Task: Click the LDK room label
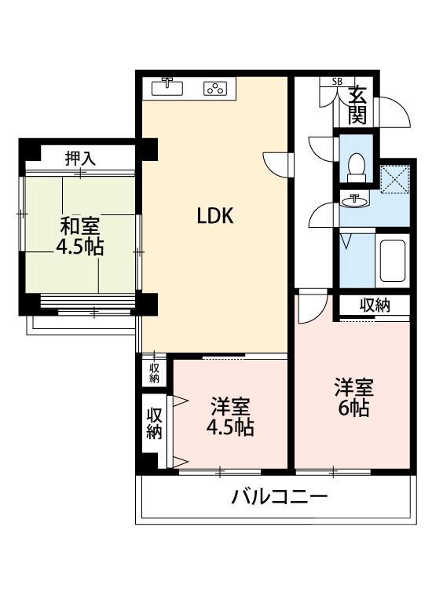tap(214, 216)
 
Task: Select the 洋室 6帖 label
tap(353, 397)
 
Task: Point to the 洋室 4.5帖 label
tap(229, 417)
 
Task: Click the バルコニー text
tap(279, 496)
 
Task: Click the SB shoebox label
tap(337, 82)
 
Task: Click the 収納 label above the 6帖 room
tap(375, 305)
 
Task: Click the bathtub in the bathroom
tap(392, 261)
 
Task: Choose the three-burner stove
tap(214, 88)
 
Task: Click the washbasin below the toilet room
tap(356, 199)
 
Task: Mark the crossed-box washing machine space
tap(394, 178)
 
